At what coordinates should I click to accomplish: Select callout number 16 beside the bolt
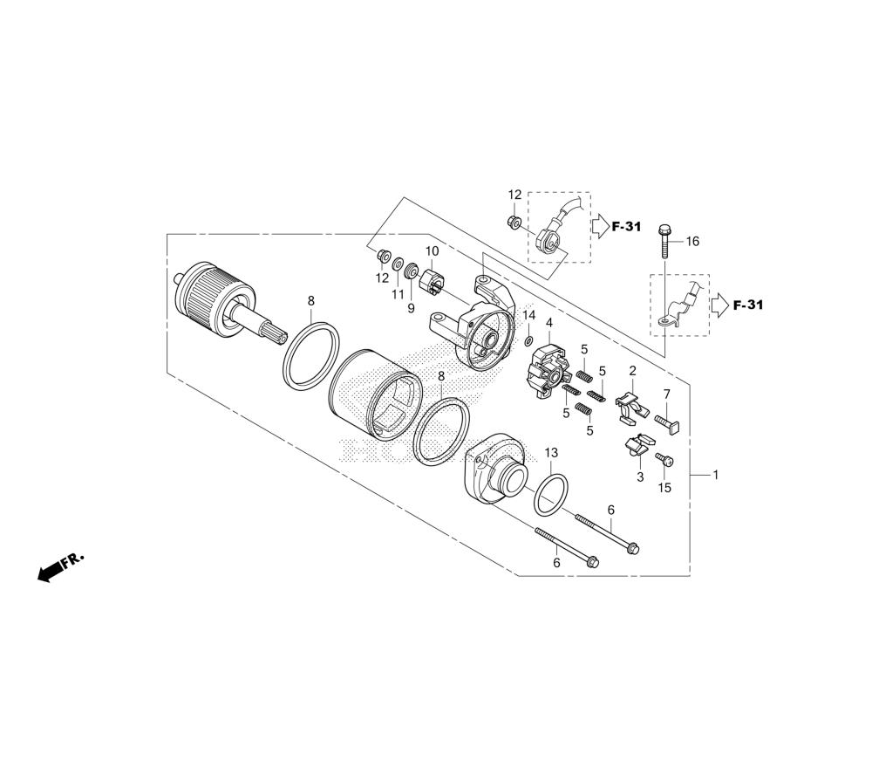692,241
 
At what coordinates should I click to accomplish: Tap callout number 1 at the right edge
716,475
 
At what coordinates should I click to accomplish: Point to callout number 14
529,316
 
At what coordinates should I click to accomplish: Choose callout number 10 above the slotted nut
433,251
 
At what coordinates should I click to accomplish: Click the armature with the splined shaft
229,305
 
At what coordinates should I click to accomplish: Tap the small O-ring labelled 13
550,488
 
